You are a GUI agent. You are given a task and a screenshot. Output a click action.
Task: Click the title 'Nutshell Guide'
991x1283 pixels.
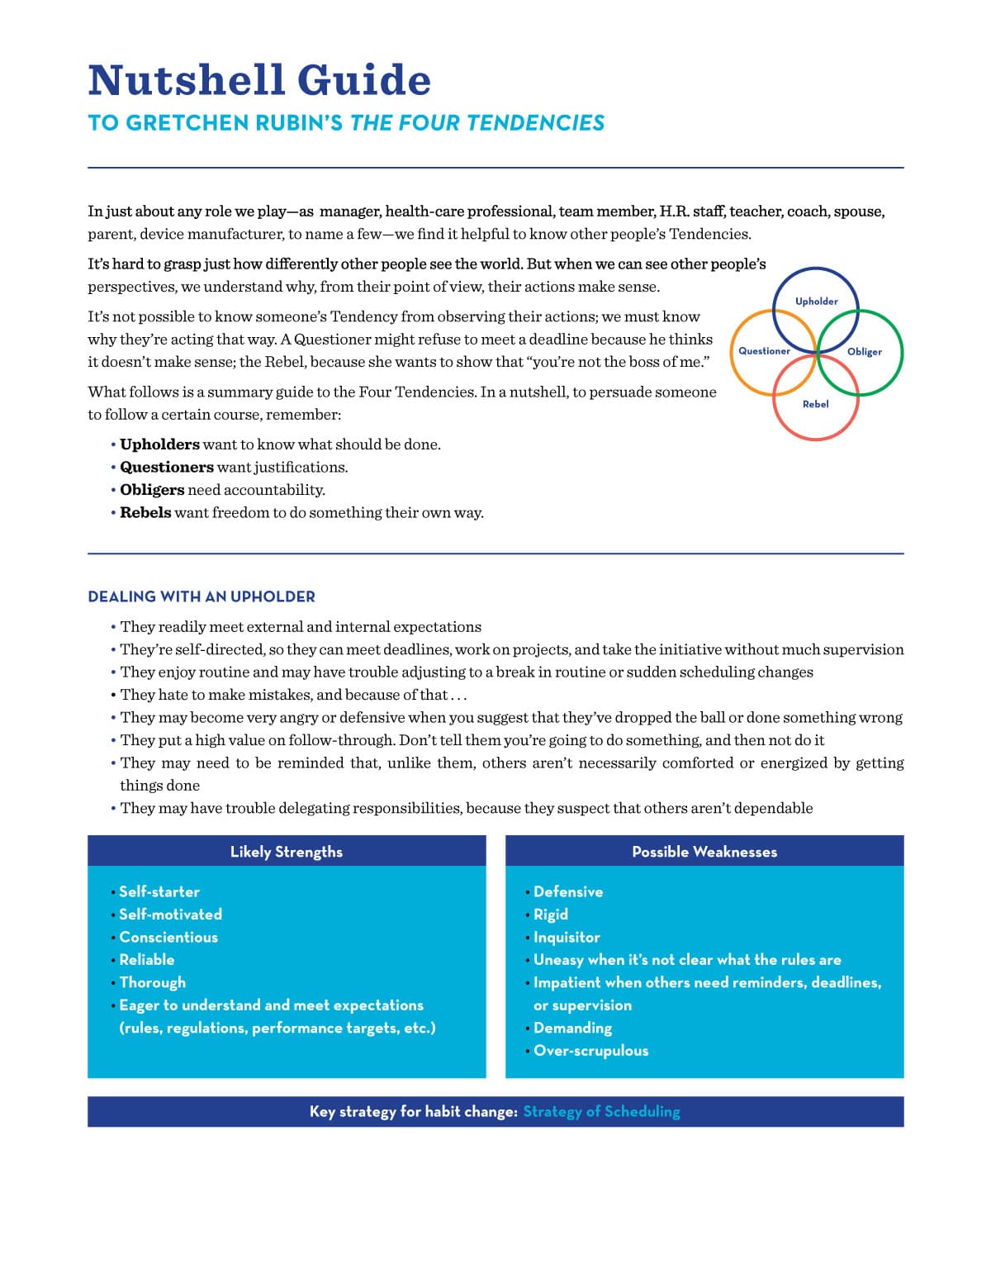[x=259, y=80]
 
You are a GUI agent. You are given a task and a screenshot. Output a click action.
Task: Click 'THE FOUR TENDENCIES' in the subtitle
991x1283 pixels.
[x=477, y=123]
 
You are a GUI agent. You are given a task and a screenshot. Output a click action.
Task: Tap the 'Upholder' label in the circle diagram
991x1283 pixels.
[x=816, y=302]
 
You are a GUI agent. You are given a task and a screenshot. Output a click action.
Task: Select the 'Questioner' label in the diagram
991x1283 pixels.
[x=764, y=351]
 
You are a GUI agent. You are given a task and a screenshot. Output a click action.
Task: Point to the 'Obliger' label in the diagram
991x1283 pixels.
[x=864, y=352]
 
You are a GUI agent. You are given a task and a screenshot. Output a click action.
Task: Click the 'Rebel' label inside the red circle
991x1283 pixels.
[x=815, y=404]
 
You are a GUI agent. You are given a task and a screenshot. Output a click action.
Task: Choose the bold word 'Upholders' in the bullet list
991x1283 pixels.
[x=159, y=444]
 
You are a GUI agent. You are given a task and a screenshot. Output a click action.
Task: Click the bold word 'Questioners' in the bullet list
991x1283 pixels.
[x=167, y=468]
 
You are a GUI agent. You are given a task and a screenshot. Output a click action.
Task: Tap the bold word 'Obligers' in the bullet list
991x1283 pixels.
[x=152, y=490]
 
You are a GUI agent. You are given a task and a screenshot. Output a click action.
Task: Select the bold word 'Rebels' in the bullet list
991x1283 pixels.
[x=145, y=513]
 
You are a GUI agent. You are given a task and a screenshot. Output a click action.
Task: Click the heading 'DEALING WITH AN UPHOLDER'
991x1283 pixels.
[x=202, y=596]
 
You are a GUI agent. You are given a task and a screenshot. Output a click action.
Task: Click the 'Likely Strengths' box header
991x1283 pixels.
[x=287, y=852]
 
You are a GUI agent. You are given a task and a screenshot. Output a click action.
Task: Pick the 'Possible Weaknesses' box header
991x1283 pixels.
[x=704, y=852]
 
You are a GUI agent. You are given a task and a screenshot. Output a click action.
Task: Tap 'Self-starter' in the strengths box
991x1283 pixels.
[x=159, y=892]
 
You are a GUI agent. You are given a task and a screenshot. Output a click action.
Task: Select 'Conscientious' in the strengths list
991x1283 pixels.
[x=168, y=938]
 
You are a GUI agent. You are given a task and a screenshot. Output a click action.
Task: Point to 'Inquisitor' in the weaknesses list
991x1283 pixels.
[x=567, y=938]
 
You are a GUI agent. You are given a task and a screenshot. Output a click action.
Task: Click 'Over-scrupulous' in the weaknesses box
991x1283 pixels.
[x=590, y=1051]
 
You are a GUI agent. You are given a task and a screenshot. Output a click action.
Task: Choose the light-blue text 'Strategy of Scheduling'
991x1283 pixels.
[x=601, y=1112]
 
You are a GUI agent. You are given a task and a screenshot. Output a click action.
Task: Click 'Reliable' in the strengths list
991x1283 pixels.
[x=147, y=960]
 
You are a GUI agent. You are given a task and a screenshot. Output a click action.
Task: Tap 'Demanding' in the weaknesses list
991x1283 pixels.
[x=572, y=1029]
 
